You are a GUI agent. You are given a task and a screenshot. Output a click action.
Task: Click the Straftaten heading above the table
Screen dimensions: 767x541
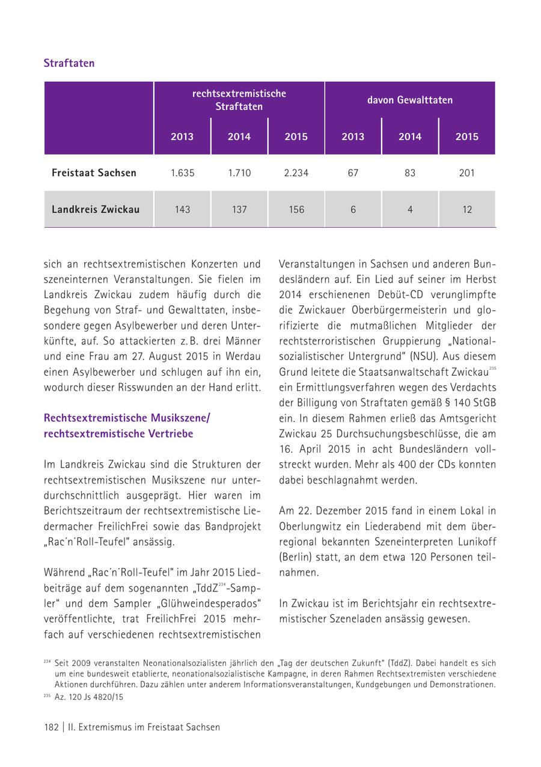[x=69, y=63]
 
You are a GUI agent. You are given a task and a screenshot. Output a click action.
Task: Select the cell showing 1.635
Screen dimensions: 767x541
[x=182, y=173]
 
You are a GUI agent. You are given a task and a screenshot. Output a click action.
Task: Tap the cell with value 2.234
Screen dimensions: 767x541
[x=296, y=173]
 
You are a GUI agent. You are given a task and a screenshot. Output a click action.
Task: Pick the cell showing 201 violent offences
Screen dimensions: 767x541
[x=466, y=173]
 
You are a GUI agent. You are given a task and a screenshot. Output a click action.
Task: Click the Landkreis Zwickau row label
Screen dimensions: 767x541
[x=96, y=210]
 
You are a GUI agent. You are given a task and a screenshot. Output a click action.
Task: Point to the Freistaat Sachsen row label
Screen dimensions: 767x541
[x=94, y=173]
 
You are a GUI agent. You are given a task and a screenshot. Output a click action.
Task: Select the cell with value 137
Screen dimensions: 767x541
[x=239, y=210]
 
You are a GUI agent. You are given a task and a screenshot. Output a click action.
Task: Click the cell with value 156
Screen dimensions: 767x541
[x=296, y=210]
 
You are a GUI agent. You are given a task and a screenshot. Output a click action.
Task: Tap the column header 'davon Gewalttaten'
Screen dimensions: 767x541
[x=410, y=100]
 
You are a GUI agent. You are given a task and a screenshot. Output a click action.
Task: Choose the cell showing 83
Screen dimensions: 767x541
[x=410, y=173]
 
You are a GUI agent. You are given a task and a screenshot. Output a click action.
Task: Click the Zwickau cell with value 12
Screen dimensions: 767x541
[x=466, y=210]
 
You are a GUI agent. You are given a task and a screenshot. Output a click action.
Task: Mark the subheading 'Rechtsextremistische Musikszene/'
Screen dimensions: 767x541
[x=127, y=418]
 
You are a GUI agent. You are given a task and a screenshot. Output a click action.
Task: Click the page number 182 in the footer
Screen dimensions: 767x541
[x=51, y=727]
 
